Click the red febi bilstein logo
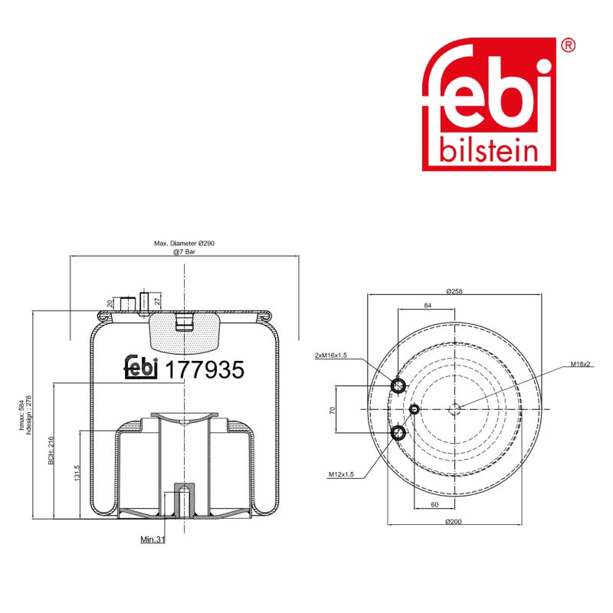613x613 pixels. click(489, 104)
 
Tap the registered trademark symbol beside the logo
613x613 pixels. click(568, 46)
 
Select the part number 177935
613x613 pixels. click(205, 370)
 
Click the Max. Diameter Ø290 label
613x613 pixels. click(184, 243)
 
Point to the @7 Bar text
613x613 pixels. click(184, 252)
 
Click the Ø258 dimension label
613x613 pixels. click(454, 291)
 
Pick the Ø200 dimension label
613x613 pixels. click(454, 521)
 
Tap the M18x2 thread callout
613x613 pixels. click(581, 365)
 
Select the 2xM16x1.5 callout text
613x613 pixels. click(331, 356)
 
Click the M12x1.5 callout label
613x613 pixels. click(341, 474)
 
